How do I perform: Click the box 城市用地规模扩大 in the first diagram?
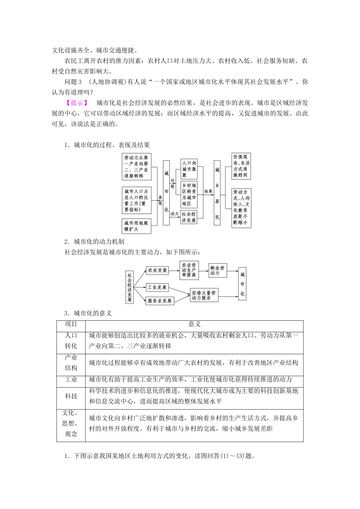pos(136,226)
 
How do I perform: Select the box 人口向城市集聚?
pos(189,169)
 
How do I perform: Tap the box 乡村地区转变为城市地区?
pos(189,194)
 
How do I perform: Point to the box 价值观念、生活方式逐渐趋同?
pos(241,166)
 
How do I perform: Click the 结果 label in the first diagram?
pos(208,192)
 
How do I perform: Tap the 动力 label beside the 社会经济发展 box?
pos(174,214)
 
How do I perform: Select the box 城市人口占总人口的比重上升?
pos(136,200)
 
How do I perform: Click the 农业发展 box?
pos(157,270)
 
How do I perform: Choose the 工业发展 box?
pos(157,287)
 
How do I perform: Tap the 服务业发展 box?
pos(160,301)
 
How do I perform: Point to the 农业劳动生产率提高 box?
pos(189,270)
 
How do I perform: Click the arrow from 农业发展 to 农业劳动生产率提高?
pos(174,270)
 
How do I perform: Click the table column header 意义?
pos(194,324)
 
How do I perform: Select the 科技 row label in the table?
pos(71,396)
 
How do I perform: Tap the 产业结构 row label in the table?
pos(71,362)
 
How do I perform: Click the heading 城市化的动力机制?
pos(99,242)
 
